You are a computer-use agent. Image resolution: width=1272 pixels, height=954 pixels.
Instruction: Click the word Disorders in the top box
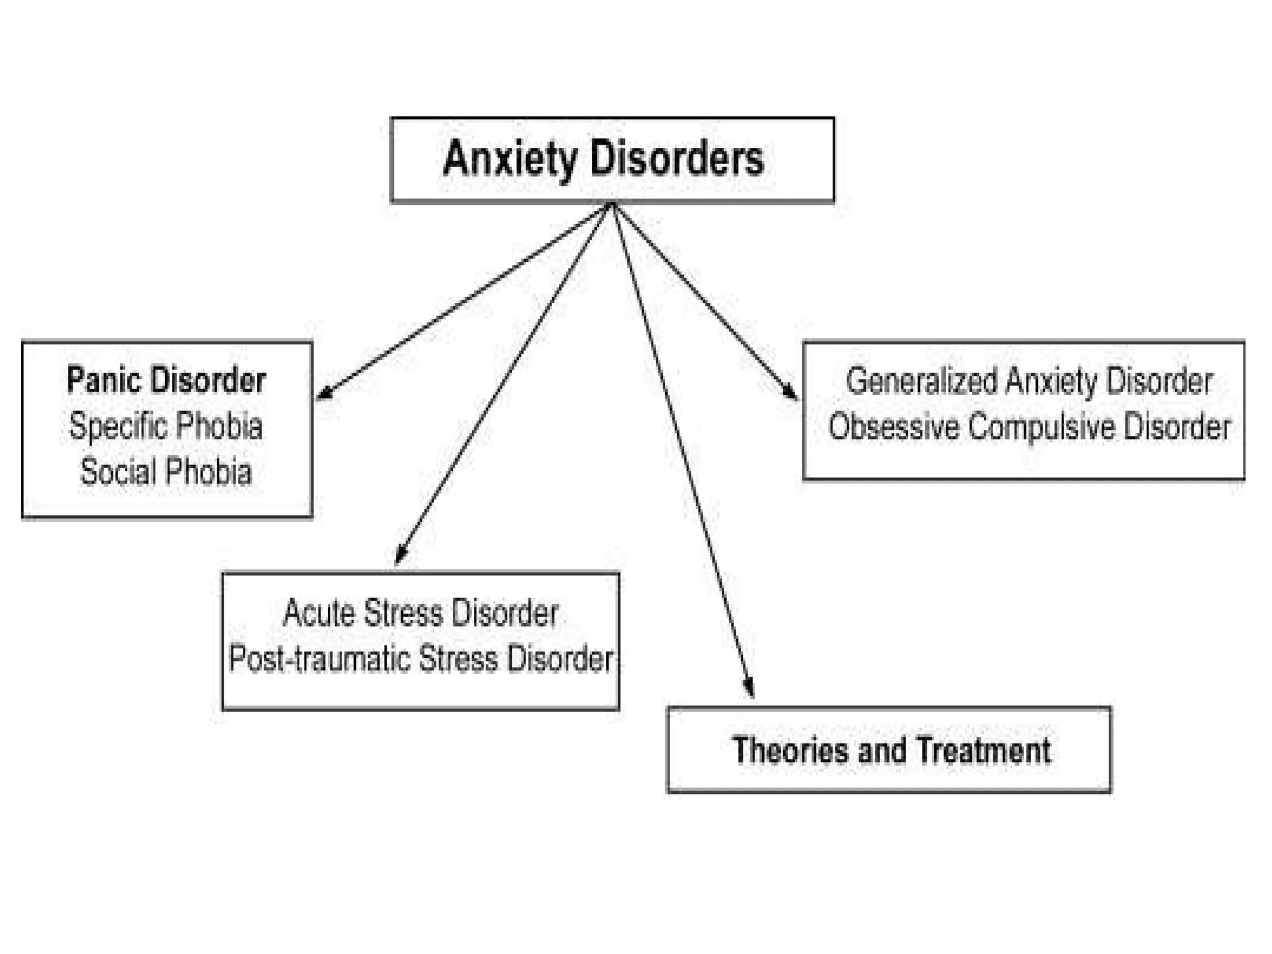pyautogui.click(x=676, y=159)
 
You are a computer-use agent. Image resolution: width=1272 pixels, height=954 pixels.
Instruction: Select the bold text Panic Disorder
pyautogui.click(x=166, y=380)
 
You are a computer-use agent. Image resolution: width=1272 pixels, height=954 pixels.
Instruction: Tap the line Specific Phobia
pyautogui.click(x=166, y=426)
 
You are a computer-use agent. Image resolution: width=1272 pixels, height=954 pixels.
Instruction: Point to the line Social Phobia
pyautogui.click(x=166, y=471)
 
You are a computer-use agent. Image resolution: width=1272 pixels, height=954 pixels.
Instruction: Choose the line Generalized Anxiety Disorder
pyautogui.click(x=1029, y=381)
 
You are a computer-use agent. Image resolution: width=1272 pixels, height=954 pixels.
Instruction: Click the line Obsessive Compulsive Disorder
pyautogui.click(x=1029, y=427)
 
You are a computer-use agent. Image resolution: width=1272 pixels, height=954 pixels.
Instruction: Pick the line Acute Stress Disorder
pyautogui.click(x=420, y=613)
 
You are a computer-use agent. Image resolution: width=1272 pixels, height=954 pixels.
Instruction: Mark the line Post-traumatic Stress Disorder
pyautogui.click(x=420, y=658)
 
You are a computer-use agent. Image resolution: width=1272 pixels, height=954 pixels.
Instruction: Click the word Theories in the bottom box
pyautogui.click(x=790, y=750)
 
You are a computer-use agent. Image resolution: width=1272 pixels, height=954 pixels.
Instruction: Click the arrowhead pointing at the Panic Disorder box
pyautogui.click(x=324, y=392)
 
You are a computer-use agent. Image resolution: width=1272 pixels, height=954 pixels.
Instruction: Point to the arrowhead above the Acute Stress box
pyautogui.click(x=401, y=553)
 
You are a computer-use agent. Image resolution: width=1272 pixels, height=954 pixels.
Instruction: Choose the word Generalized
pyautogui.click(x=922, y=381)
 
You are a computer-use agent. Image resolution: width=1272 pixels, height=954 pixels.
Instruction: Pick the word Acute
pyautogui.click(x=319, y=613)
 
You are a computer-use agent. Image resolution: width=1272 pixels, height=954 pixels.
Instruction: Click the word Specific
pyautogui.click(x=117, y=426)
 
